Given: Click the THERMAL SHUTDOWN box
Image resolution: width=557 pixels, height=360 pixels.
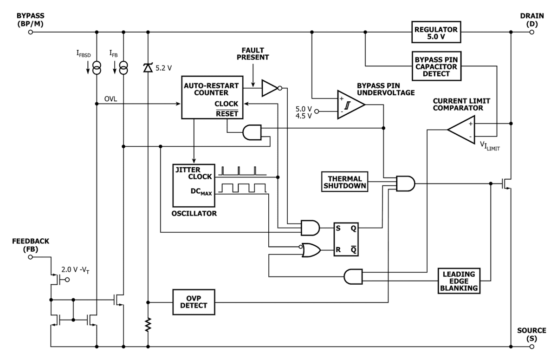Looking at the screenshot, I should pos(344,181).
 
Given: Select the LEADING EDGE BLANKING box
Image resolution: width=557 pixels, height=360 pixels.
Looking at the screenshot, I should pos(459,280).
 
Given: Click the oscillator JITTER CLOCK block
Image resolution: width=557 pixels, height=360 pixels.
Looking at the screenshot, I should pos(193,185).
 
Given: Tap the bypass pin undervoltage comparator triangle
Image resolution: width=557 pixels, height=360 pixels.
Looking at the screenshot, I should pos(350,105).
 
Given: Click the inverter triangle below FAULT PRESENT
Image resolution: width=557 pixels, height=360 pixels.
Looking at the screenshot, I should pos(270,88).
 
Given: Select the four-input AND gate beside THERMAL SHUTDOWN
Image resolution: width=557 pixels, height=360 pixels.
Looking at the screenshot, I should pos(405,183).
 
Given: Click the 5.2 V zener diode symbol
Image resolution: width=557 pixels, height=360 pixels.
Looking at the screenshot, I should pos(148,68).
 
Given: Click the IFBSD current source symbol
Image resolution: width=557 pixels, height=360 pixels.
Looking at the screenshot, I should pos(97,69).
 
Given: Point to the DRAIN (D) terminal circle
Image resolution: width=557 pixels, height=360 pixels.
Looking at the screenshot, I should pos(533,32).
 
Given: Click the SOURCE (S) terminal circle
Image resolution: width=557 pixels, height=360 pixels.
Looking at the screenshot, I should pos(533,347).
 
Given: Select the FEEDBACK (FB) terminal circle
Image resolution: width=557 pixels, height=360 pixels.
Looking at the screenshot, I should pos(31,256).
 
